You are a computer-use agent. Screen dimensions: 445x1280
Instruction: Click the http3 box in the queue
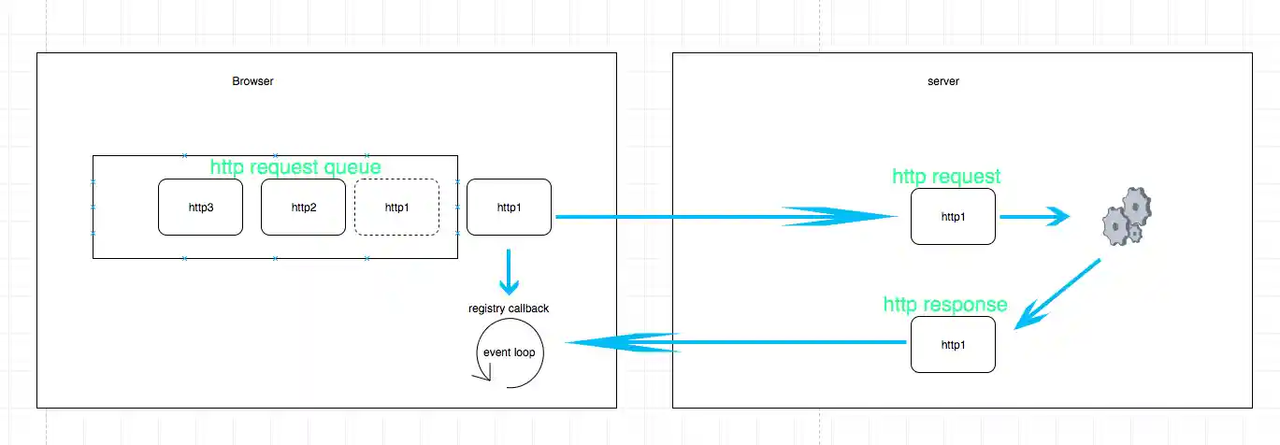click(200, 207)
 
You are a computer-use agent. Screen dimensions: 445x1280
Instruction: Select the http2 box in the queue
click(303, 207)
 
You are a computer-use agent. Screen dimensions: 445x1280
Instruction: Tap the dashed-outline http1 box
click(396, 207)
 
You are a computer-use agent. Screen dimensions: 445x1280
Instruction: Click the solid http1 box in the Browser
click(509, 207)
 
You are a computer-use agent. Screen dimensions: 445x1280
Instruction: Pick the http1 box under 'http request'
click(953, 217)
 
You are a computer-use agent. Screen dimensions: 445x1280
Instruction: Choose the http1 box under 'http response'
click(953, 344)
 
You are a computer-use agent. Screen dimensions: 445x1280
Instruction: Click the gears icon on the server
click(1126, 217)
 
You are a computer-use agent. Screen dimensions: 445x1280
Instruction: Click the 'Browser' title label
click(252, 81)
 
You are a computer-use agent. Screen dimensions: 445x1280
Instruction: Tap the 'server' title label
click(942, 81)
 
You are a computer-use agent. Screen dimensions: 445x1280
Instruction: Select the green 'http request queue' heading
click(295, 167)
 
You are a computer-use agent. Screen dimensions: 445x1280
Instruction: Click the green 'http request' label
click(946, 176)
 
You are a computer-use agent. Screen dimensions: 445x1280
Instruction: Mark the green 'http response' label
click(945, 305)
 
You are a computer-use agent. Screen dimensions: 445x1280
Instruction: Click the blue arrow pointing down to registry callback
click(509, 272)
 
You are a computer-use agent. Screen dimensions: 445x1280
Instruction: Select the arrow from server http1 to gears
click(1034, 217)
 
